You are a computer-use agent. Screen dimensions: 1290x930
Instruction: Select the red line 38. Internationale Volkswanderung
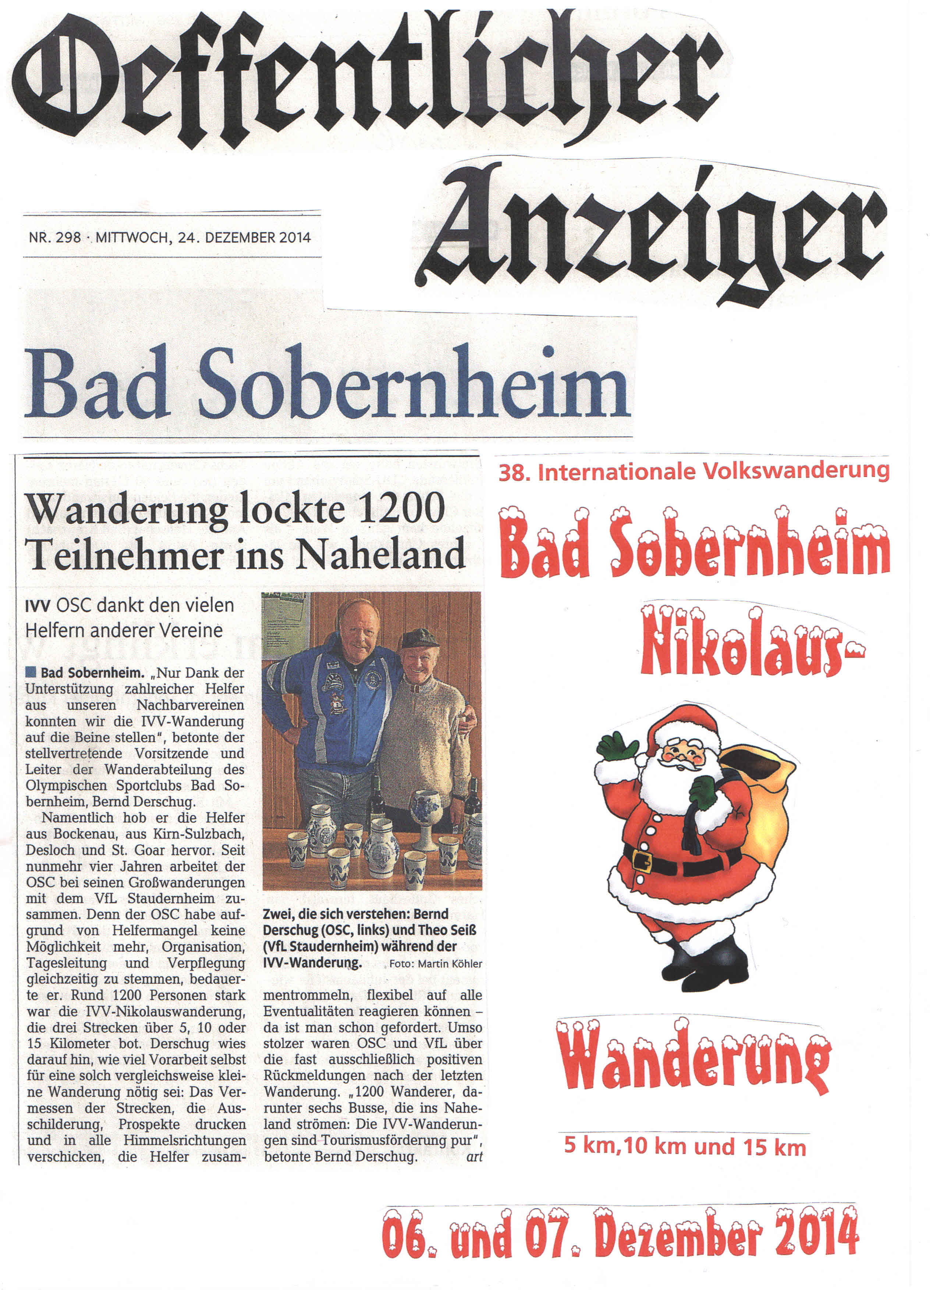tap(693, 472)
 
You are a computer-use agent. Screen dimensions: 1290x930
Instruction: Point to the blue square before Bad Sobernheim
tap(30, 672)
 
